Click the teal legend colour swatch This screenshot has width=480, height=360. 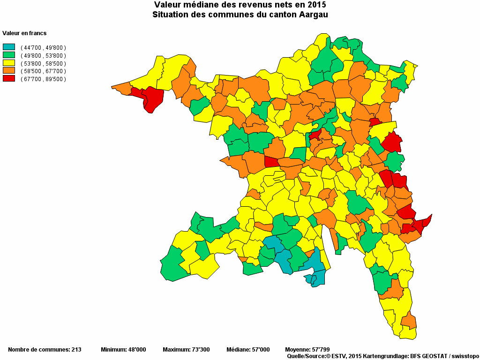9,47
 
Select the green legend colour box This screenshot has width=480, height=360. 9,55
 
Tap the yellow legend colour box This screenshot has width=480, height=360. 9,63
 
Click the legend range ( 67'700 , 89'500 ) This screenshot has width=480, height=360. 43,79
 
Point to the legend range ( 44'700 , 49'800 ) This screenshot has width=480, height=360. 43,48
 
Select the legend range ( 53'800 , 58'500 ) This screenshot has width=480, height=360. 43,63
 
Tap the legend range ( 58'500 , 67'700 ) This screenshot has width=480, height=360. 43,71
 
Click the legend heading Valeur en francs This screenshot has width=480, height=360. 24,33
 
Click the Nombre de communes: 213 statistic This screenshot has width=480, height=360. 45,350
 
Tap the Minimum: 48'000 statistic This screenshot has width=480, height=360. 123,350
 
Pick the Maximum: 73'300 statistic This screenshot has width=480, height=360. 186,350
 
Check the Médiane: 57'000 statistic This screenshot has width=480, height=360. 248,350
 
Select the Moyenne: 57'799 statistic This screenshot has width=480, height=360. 307,350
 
